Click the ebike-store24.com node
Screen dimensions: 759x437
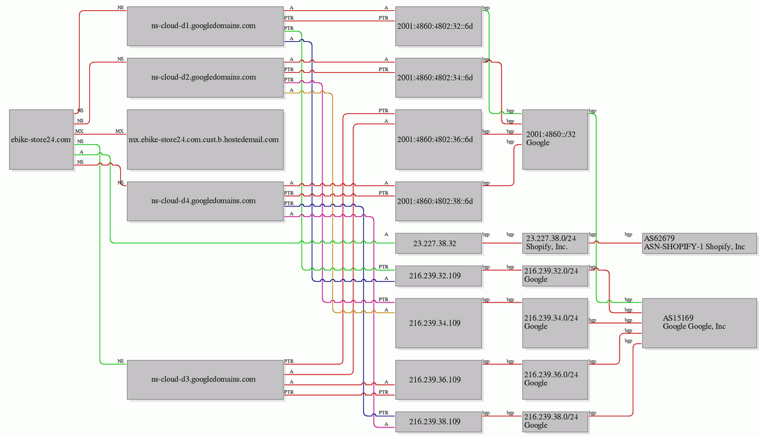point(41,139)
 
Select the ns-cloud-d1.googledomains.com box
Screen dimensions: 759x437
point(205,26)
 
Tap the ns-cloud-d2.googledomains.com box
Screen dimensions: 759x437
point(205,78)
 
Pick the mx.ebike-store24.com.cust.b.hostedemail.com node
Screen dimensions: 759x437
point(205,139)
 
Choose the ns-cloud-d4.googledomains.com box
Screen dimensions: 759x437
point(205,201)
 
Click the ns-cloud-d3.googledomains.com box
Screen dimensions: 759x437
point(205,379)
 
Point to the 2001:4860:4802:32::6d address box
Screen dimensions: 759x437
point(439,26)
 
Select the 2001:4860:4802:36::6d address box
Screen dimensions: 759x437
point(439,139)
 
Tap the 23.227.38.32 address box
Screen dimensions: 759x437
point(439,244)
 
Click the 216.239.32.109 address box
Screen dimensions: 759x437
point(439,276)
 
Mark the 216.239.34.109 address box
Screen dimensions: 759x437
point(439,323)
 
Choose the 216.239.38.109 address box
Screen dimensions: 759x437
point(439,421)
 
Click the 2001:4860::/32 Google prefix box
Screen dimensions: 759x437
point(555,139)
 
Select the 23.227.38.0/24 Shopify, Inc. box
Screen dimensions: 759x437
point(555,244)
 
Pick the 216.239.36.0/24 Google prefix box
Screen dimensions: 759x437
point(555,379)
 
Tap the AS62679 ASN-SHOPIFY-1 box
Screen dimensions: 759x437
point(699,244)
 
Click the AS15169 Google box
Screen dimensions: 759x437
point(699,323)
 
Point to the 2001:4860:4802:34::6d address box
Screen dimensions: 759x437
point(439,78)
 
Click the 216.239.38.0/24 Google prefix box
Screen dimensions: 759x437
point(555,421)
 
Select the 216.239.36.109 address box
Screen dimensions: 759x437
point(439,379)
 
